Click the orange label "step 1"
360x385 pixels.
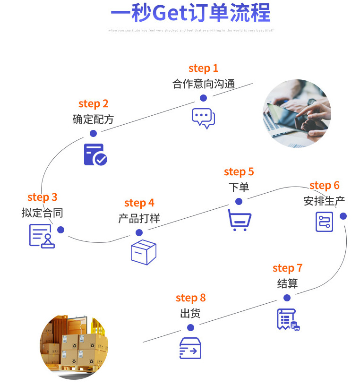pyautogui.click(x=203, y=68)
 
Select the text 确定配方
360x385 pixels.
pyautogui.click(x=93, y=119)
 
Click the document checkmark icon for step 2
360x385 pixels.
pyautogui.click(x=95, y=154)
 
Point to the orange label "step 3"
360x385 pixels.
pyautogui.click(x=42, y=197)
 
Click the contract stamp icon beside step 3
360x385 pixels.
pyautogui.click(x=42, y=236)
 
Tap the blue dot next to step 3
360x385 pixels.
pyautogui.click(x=60, y=230)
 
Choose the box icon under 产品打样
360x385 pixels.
pyautogui.click(x=143, y=252)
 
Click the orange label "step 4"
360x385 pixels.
pyautogui.click(x=139, y=203)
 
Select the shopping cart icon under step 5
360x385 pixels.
pyautogui.click(x=240, y=220)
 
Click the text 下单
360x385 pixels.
pyautogui.click(x=239, y=187)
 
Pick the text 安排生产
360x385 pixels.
pyautogui.click(x=324, y=201)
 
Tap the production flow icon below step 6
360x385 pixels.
pyautogui.click(x=325, y=222)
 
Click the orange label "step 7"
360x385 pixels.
pyautogui.click(x=287, y=268)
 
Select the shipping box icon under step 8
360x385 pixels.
pyautogui.click(x=190, y=348)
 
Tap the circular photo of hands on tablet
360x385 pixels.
pyautogui.click(x=297, y=113)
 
